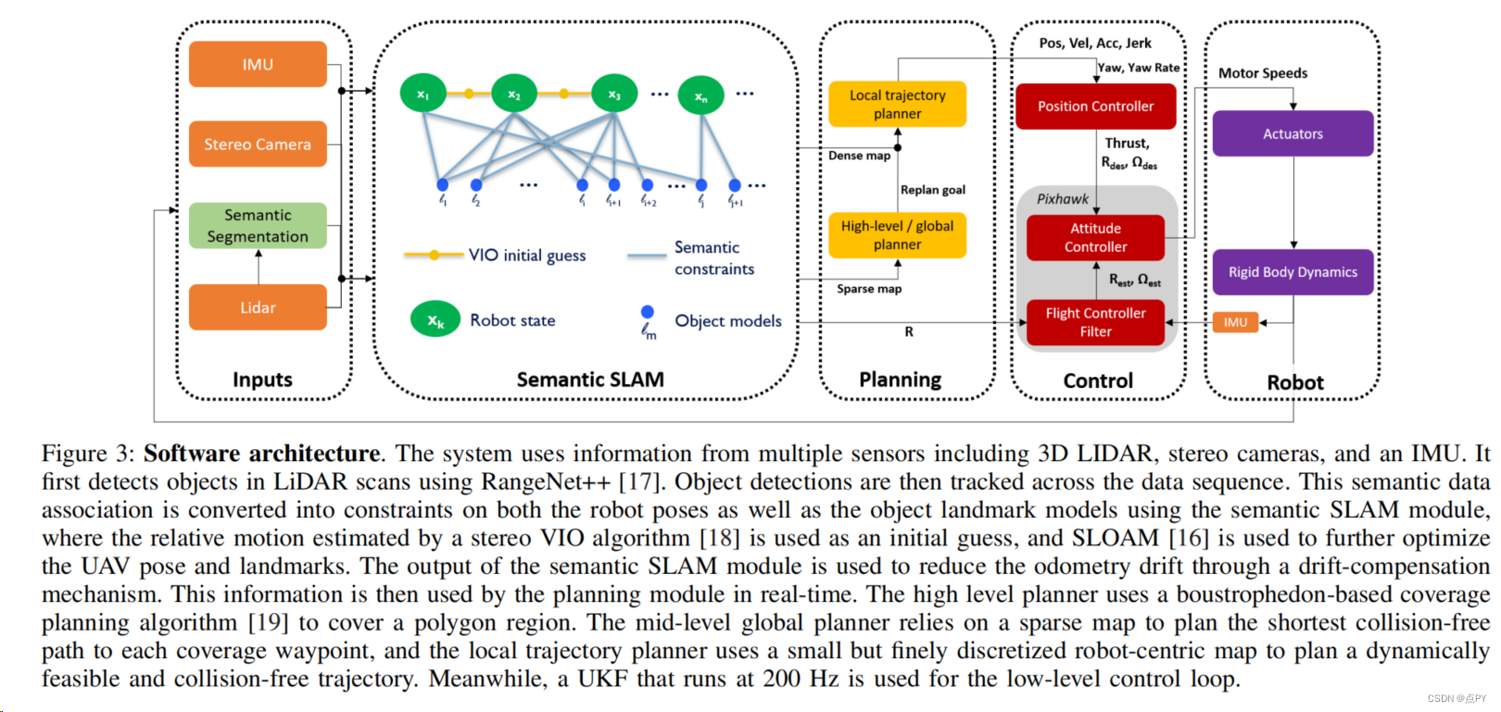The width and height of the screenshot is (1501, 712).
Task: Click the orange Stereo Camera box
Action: (258, 144)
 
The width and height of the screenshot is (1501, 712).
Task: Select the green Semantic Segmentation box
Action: (258, 226)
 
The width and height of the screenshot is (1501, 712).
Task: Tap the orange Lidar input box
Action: (258, 307)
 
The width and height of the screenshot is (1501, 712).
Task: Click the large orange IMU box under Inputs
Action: (258, 64)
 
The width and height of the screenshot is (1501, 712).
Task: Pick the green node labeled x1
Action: (423, 94)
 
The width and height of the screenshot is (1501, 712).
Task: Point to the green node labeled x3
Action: (614, 94)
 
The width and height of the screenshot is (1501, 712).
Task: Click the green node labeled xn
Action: (700, 95)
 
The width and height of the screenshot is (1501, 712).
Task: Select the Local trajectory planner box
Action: (897, 104)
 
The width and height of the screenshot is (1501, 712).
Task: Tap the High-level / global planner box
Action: (897, 235)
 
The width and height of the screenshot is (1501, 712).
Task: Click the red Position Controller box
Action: (1095, 106)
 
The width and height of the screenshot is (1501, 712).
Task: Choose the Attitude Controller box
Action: (1095, 238)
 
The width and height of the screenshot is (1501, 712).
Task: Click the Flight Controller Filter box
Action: (1095, 322)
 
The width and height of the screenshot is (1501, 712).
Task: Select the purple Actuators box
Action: (1293, 134)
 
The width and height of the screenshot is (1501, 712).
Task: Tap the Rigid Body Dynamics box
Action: (1293, 272)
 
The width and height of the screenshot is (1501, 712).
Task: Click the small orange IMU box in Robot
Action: (1236, 322)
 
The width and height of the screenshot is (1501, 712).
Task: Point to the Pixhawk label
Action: (1063, 199)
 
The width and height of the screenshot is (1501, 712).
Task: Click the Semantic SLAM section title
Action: (590, 380)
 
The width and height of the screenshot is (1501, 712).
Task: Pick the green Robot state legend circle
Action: (435, 319)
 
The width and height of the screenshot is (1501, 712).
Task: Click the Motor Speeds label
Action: (1263, 73)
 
